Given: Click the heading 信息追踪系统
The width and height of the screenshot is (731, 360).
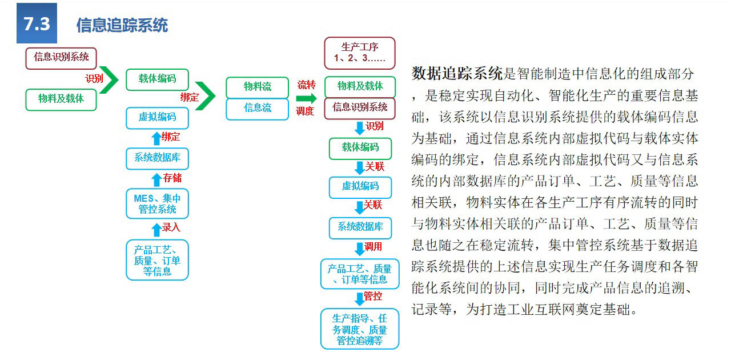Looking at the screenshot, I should [x=122, y=25].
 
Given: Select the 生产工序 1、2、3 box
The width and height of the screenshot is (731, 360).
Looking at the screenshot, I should [x=359, y=53].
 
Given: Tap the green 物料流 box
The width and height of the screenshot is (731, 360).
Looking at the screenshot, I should [x=257, y=87].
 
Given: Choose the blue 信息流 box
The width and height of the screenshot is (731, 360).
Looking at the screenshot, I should [x=257, y=108].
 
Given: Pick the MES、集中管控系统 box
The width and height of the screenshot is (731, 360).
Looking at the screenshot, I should [x=157, y=204].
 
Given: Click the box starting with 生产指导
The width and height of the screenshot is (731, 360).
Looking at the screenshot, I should [x=359, y=329].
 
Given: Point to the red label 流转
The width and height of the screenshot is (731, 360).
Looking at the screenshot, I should [x=306, y=85].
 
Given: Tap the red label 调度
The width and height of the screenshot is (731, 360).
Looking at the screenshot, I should [x=305, y=111].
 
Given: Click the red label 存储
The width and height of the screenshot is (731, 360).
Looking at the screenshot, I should [x=172, y=178].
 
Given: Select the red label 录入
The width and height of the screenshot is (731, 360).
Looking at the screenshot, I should [x=171, y=227].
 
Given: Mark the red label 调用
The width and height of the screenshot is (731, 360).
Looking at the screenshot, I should [x=373, y=247].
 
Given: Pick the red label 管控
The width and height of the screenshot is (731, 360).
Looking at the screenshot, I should [x=373, y=296].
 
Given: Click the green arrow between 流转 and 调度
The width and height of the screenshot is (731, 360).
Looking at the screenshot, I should [x=306, y=98].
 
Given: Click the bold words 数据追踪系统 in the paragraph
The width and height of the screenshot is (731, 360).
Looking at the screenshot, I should [x=457, y=73].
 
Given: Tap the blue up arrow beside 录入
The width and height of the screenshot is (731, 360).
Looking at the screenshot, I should [x=156, y=229].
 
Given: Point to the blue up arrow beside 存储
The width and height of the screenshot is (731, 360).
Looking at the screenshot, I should [x=156, y=179].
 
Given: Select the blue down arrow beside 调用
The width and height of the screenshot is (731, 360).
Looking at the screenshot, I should [x=359, y=249].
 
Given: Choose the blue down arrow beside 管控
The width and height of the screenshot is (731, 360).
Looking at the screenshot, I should [x=359, y=298].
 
